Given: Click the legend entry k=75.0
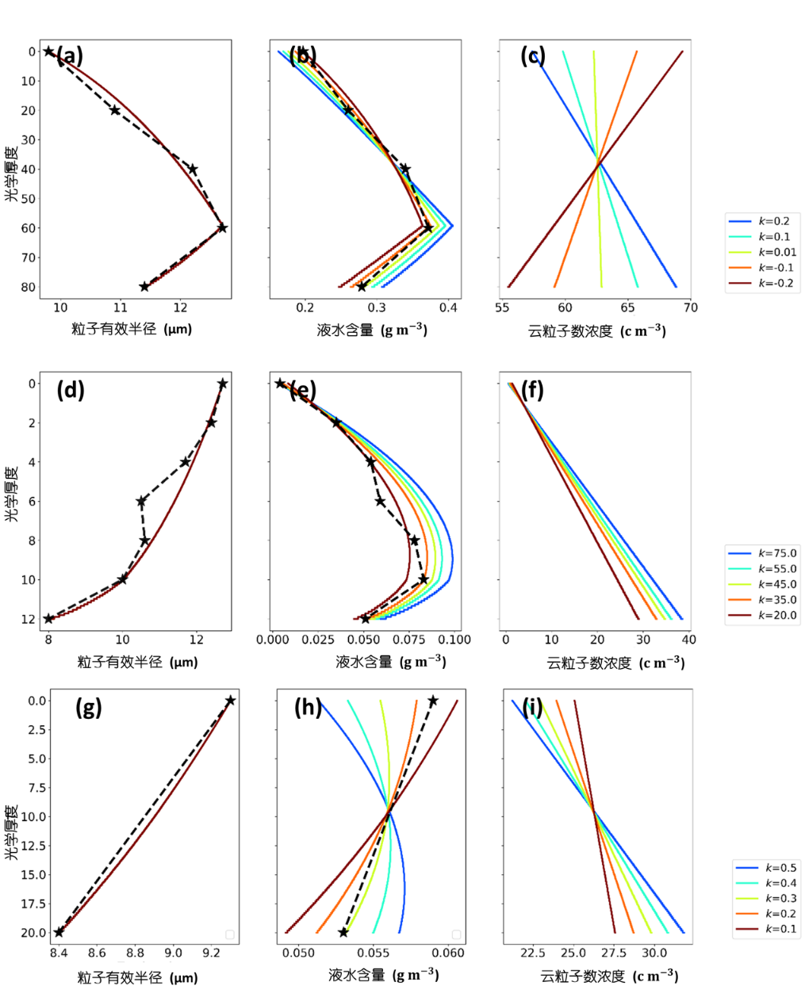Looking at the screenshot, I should pos(777,553).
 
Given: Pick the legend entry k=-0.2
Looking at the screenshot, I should pos(776,283).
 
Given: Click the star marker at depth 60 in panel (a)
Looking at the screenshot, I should pos(223,227).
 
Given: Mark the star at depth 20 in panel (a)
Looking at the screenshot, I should pos(115,110).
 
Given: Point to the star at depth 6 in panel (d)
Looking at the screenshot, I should pos(141,501).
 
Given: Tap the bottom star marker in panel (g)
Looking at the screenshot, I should pos(59,932).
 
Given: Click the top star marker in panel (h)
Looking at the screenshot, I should pos(433,701).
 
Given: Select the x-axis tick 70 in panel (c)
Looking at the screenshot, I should pos(690,308).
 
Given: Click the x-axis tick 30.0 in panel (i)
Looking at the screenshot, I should pos(654,953).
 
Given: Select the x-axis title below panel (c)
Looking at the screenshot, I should pos(596,330).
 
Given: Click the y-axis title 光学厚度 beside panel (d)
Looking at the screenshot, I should pos(11,495).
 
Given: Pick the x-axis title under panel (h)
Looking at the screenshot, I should pos(384,975).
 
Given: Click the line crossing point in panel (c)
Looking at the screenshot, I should pos(598,163).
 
